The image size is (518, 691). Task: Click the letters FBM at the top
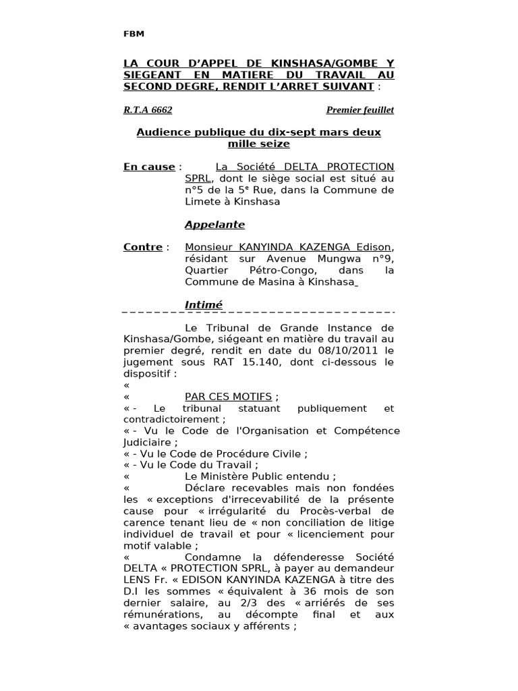pyautogui.click(x=134, y=34)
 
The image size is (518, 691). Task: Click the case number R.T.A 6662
pyautogui.click(x=143, y=109)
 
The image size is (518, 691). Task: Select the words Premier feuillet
pyautogui.click(x=360, y=109)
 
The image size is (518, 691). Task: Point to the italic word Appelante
pyautogui.click(x=215, y=225)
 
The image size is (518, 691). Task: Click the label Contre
pyautogui.click(x=143, y=247)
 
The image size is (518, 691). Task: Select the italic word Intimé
pyautogui.click(x=204, y=305)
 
